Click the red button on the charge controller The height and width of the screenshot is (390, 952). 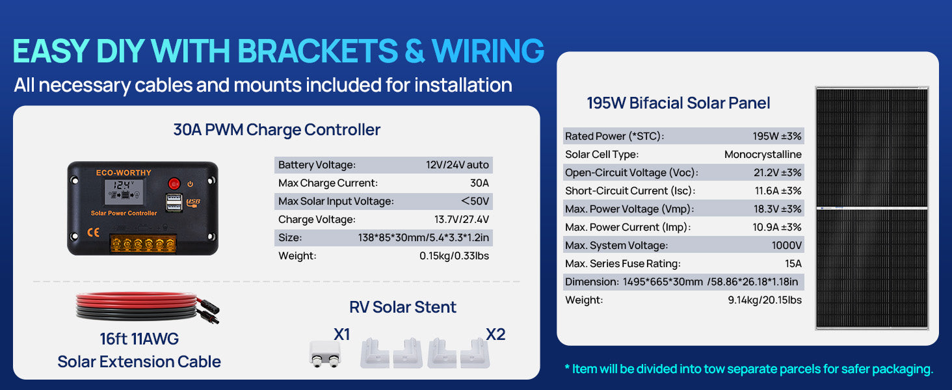click(174, 183)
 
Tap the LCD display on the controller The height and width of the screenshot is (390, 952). click(124, 191)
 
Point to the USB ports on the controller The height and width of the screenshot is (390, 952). click(174, 202)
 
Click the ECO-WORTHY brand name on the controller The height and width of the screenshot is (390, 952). click(124, 172)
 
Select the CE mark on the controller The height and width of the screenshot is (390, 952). click(93, 232)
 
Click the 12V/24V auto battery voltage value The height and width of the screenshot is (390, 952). click(457, 165)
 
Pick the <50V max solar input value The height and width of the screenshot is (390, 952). click(475, 201)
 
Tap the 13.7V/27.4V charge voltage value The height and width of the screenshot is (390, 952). click(462, 219)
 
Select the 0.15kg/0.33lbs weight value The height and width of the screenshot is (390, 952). click(454, 255)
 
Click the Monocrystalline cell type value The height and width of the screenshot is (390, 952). click(763, 154)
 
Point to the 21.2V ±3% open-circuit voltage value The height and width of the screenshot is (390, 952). click(777, 172)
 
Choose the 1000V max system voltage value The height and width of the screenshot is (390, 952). click(787, 245)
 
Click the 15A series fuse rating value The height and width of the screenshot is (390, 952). click(793, 263)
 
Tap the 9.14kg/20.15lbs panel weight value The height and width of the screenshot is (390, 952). click(765, 300)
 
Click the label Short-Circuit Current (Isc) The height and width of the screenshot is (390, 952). click(630, 190)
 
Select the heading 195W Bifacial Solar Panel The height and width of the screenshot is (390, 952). click(678, 103)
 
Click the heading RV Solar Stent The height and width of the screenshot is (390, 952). click(403, 307)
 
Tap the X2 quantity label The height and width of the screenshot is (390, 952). click(496, 334)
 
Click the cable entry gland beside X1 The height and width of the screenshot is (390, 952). click(325, 354)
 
